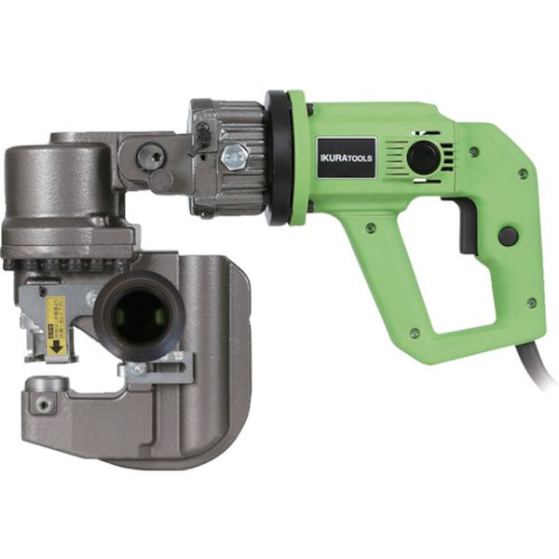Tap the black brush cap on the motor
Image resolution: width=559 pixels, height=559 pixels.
(423, 157)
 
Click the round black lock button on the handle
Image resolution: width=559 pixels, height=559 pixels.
(508, 236)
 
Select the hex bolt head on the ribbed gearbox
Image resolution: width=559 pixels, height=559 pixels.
(235, 156)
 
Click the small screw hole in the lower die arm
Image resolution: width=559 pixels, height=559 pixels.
(42, 404)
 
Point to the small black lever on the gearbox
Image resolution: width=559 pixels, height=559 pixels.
(199, 138)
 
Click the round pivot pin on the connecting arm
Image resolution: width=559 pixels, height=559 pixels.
(151, 157)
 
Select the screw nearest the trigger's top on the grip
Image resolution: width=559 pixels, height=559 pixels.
(473, 152)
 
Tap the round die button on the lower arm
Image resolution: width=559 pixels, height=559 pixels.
(44, 384)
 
